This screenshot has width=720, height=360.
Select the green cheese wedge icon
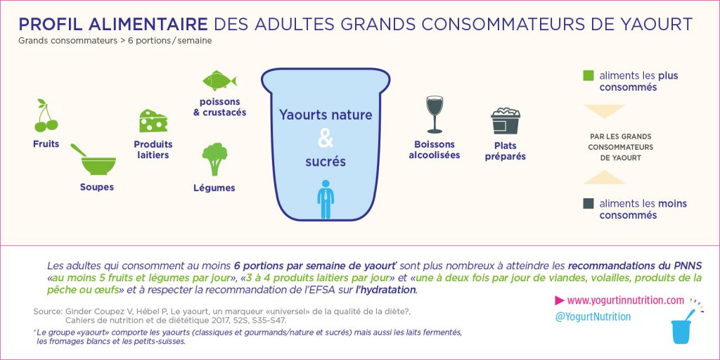click(x=153, y=121)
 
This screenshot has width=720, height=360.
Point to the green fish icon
click(x=219, y=81)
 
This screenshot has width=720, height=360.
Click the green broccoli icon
click(x=215, y=159)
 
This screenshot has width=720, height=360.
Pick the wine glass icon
click(x=435, y=115)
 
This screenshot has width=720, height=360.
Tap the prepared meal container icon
click(x=505, y=121)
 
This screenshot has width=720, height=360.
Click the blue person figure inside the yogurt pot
click(x=326, y=199)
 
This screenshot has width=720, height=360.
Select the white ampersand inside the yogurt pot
click(x=326, y=139)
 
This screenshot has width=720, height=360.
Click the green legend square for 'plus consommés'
click(x=589, y=75)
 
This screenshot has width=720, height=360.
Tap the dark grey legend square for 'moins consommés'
click(x=589, y=203)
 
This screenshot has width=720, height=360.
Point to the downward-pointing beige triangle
click(x=604, y=111)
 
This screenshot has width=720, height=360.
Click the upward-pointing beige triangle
click(x=604, y=177)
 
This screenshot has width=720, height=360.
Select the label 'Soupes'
click(x=97, y=187)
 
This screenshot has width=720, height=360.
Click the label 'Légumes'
click(x=214, y=188)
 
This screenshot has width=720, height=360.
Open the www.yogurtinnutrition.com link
click(x=626, y=300)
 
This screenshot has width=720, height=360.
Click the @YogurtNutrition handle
click(x=593, y=317)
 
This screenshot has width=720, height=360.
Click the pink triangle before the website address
click(x=559, y=300)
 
